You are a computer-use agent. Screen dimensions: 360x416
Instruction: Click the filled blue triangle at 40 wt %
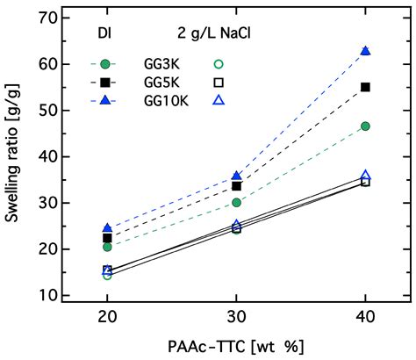tap(365, 52)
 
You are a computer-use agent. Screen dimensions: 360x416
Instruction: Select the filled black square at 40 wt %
tap(365, 87)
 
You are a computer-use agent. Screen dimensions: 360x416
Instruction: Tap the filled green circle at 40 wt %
tap(365, 126)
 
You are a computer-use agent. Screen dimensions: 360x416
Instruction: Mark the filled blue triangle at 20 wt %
tap(107, 228)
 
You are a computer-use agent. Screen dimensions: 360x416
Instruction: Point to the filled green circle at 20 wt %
tap(107, 247)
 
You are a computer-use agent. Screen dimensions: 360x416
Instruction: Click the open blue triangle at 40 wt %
tap(365, 176)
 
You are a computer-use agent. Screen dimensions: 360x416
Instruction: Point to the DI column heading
tap(103, 33)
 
